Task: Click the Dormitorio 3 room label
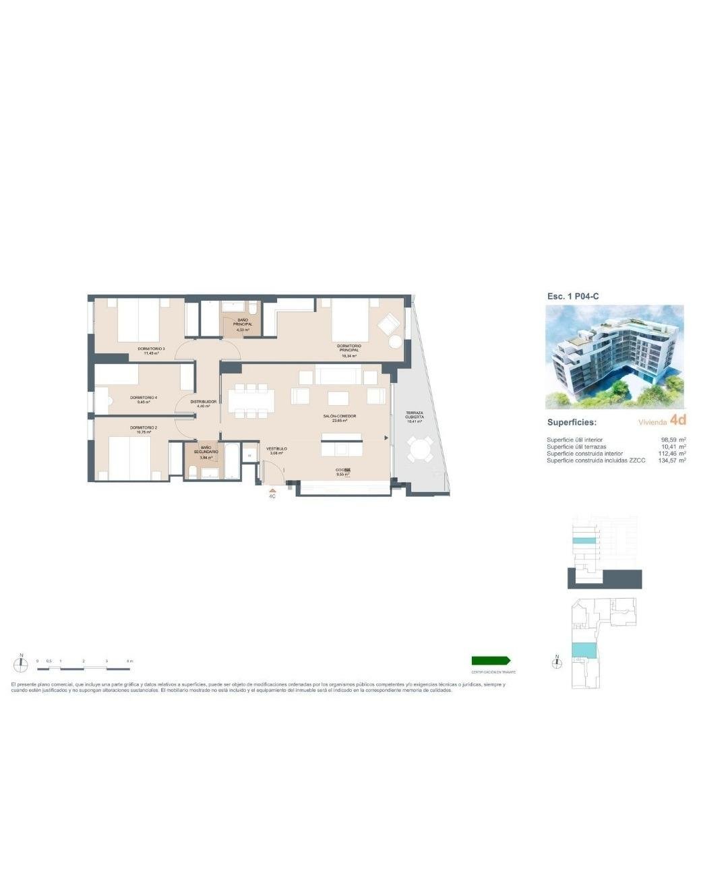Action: pyautogui.click(x=151, y=349)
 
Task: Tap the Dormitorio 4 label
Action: pyautogui.click(x=143, y=398)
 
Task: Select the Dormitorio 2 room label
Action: pyautogui.click(x=143, y=427)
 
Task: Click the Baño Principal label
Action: pyautogui.click(x=243, y=322)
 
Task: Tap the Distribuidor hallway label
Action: pyautogui.click(x=203, y=402)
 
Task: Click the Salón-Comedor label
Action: pyautogui.click(x=339, y=417)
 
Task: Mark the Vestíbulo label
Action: pyautogui.click(x=276, y=448)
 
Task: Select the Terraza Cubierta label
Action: pyautogui.click(x=415, y=415)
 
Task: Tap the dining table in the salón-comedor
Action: pyautogui.click(x=251, y=400)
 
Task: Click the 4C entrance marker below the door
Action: pyautogui.click(x=272, y=496)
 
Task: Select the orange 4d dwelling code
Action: pyautogui.click(x=678, y=420)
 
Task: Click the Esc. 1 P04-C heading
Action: pyautogui.click(x=573, y=296)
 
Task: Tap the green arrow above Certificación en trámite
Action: pyautogui.click(x=491, y=661)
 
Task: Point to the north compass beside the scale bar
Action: pyautogui.click(x=22, y=664)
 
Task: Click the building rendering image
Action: pyautogui.click(x=614, y=357)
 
